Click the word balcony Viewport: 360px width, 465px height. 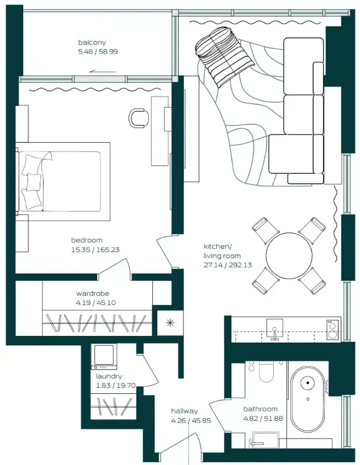pyautogui.click(x=92, y=42)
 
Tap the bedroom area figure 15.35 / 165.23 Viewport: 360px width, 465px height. pyautogui.click(x=96, y=250)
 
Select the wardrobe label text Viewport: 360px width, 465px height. pyautogui.click(x=93, y=293)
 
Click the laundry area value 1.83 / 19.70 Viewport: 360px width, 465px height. pyautogui.click(x=116, y=386)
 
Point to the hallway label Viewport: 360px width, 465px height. pyautogui.click(x=184, y=411)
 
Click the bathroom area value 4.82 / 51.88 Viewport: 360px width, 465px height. pyautogui.click(x=263, y=419)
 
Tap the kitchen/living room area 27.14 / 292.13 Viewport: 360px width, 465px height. pyautogui.click(x=227, y=265)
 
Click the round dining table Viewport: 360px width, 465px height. pyautogui.click(x=289, y=255)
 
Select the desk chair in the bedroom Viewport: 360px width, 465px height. pyautogui.click(x=139, y=118)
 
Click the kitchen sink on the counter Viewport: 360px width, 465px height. pyautogui.click(x=274, y=329)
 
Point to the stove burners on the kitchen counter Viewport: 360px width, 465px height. pyautogui.click(x=332, y=330)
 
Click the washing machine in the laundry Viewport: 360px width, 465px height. pyautogui.click(x=104, y=356)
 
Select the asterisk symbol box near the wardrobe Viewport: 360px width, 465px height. pyautogui.click(x=170, y=323)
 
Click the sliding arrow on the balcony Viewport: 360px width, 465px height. pyautogui.click(x=102, y=72)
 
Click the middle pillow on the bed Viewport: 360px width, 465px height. pyautogui.click(x=33, y=182)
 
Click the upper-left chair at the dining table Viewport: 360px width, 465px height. pyautogui.click(x=265, y=231)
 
